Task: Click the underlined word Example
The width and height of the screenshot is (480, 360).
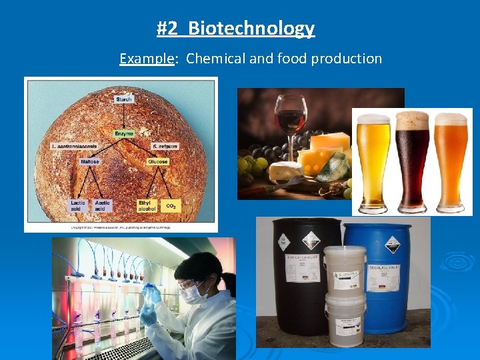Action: (146, 59)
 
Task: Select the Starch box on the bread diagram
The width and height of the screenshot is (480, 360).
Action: (123, 99)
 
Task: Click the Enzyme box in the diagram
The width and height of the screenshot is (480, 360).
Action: (123, 133)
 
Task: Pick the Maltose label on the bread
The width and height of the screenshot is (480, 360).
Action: (90, 161)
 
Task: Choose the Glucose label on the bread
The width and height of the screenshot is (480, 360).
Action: (158, 161)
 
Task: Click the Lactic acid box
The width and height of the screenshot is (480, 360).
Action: (78, 205)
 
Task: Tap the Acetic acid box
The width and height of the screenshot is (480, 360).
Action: (101, 205)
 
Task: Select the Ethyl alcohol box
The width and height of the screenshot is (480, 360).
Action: (146, 205)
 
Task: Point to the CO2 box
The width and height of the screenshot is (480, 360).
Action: (170, 205)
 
